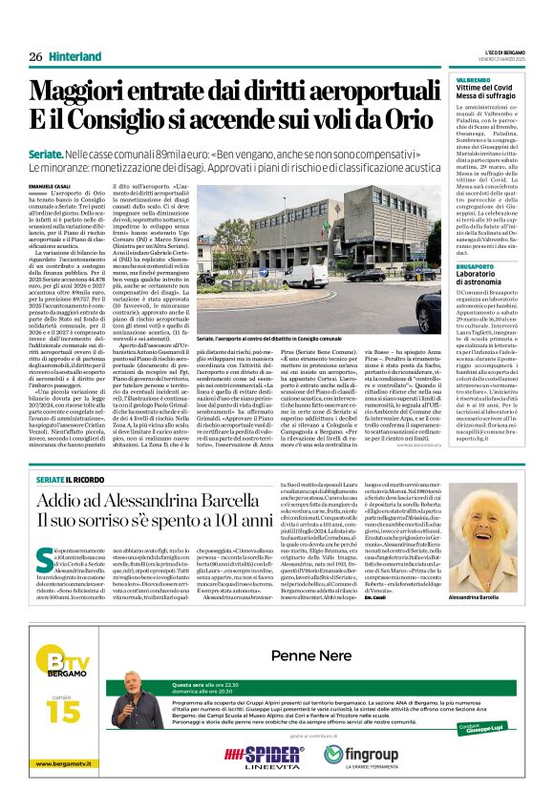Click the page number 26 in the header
point(35,56)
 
